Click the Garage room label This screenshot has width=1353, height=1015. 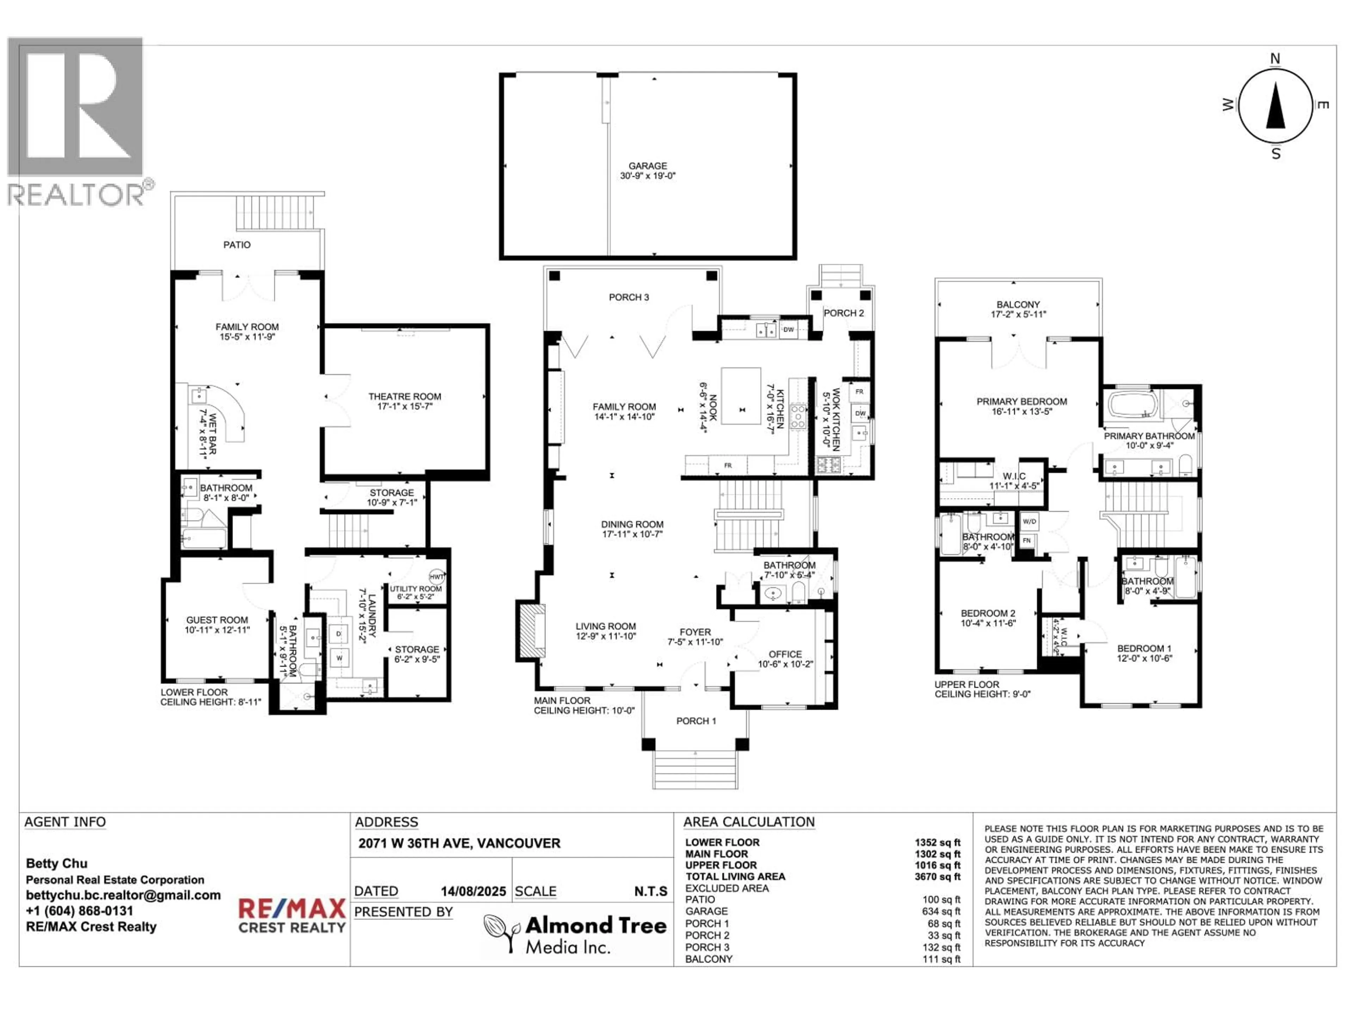point(647,171)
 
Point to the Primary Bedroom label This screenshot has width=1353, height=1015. point(1021,406)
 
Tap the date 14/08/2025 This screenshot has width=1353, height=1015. point(474,891)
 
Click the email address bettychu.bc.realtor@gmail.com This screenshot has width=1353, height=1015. point(123,895)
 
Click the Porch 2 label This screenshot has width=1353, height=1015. point(844,313)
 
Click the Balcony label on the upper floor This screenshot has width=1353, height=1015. point(1018,309)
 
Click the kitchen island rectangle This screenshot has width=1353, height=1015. point(741,395)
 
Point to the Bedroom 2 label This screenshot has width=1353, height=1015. point(988,618)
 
